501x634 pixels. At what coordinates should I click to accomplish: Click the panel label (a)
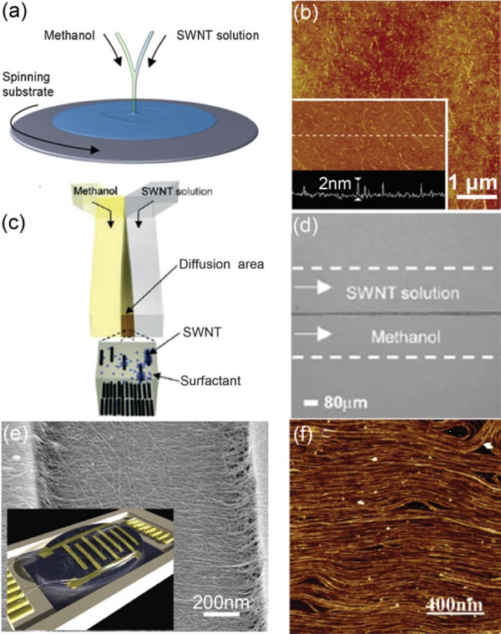click(13, 13)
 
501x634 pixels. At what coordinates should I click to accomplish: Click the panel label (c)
click(13, 223)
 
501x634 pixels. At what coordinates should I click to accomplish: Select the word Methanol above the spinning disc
click(69, 35)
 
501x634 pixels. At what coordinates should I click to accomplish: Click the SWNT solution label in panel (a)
click(218, 35)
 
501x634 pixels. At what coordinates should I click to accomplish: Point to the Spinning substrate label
click(28, 84)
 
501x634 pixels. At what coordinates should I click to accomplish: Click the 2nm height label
click(335, 184)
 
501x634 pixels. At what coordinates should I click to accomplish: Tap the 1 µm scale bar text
click(473, 183)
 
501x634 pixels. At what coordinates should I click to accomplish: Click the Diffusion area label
click(222, 264)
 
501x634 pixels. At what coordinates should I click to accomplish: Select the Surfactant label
click(210, 380)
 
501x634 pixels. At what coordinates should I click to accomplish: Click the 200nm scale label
click(221, 603)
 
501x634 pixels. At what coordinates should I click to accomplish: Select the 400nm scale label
click(454, 606)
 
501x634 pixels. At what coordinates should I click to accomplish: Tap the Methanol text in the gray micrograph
click(406, 337)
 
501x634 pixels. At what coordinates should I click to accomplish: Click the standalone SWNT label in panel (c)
click(202, 332)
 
